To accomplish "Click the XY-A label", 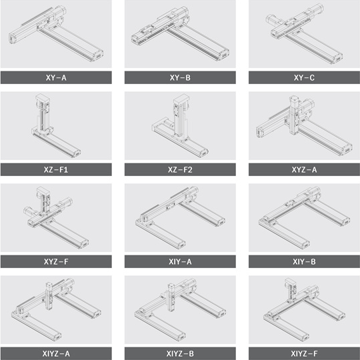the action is [x=56, y=77].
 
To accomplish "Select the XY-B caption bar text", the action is [x=180, y=77].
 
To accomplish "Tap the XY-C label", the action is [x=304, y=77].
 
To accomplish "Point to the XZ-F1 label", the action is [x=56, y=170].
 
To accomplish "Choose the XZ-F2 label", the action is [x=180, y=170].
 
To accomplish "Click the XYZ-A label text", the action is [x=304, y=170].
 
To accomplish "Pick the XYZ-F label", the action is [x=56, y=261].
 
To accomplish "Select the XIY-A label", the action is [x=180, y=261].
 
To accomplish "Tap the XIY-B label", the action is [x=304, y=261].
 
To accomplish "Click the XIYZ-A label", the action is [x=56, y=353].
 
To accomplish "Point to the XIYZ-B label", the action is [x=180, y=353].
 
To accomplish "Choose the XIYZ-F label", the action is [x=304, y=353].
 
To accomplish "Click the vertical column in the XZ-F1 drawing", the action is [x=43, y=113].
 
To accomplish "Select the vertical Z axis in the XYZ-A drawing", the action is [x=295, y=115].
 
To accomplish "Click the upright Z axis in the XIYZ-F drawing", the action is [x=291, y=291].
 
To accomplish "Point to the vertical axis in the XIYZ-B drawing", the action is [x=171, y=297].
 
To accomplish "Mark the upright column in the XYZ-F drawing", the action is [x=43, y=200].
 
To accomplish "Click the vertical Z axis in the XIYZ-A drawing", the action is [x=49, y=296].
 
